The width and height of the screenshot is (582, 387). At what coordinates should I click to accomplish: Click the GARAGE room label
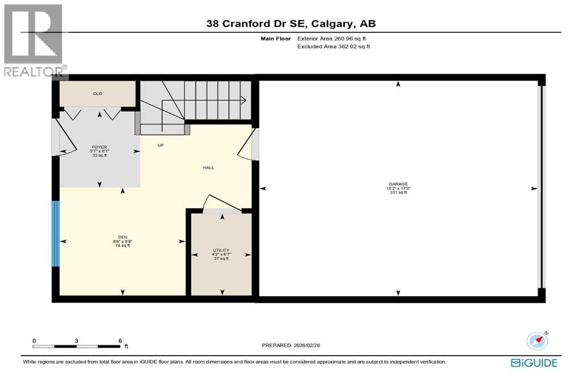click(398, 184)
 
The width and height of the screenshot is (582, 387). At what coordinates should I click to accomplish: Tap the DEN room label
click(123, 237)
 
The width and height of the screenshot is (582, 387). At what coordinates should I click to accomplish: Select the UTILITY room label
click(221, 250)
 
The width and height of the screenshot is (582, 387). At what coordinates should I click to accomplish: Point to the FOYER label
click(99, 147)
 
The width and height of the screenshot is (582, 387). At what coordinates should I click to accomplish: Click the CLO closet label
click(98, 94)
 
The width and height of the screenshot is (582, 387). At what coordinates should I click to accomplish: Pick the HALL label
click(209, 167)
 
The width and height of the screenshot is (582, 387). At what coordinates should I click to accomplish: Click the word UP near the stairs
click(161, 145)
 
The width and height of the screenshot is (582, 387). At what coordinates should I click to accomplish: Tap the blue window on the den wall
click(56, 233)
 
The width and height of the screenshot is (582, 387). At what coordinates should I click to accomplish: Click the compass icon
click(537, 340)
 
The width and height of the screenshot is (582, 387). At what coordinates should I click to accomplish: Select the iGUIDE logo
click(534, 363)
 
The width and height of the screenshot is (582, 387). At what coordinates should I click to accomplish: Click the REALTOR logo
click(33, 40)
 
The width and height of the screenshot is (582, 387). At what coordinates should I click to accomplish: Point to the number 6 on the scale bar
click(120, 341)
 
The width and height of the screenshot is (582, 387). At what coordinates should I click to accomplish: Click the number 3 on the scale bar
click(77, 341)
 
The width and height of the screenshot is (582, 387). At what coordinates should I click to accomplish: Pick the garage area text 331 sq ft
click(398, 193)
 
